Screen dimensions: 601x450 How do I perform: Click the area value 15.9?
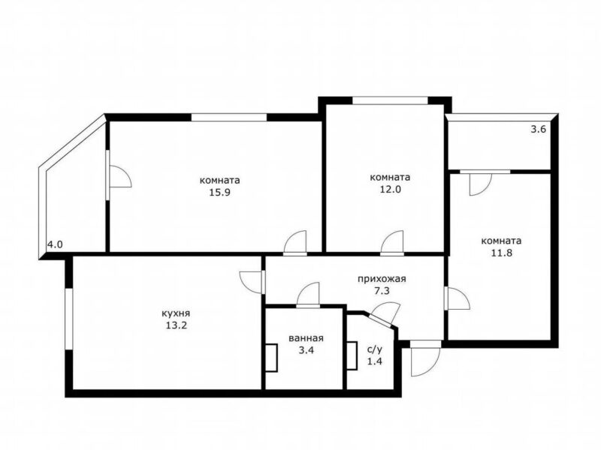[x=219, y=193]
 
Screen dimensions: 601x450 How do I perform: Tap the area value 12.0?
[x=390, y=190]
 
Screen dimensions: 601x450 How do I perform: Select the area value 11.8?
[x=502, y=253]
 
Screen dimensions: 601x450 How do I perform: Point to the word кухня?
[x=176, y=313]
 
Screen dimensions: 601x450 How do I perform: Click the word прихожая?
[x=382, y=279]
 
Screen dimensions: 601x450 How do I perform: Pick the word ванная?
[x=306, y=338]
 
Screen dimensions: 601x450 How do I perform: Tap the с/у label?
[x=374, y=349]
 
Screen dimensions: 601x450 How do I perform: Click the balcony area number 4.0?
[x=55, y=244]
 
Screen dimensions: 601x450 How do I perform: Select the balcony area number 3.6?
[x=538, y=129]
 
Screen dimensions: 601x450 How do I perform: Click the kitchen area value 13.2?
[x=176, y=326]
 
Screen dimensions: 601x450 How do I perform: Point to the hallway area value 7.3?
[x=382, y=291]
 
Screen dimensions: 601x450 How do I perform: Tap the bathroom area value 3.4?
[x=306, y=350]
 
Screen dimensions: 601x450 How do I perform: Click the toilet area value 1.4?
[x=374, y=361]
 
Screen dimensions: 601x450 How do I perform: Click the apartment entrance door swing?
[x=425, y=360]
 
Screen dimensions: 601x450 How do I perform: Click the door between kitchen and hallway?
[x=252, y=283]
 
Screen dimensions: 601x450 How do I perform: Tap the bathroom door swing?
[x=308, y=295]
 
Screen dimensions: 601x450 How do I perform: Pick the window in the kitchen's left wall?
[x=69, y=319]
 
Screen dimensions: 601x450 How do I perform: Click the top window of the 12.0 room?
[x=390, y=100]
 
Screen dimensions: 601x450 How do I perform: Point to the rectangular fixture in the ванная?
[x=271, y=358]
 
